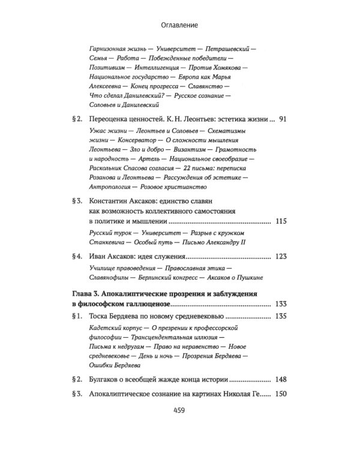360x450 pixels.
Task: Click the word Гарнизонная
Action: click(110, 46)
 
